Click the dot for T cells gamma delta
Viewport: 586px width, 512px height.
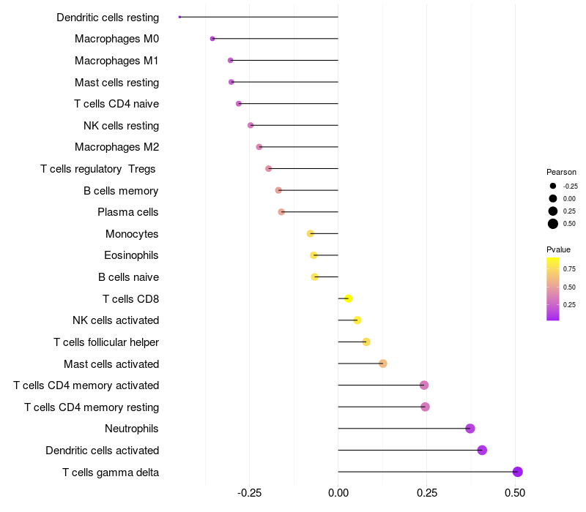[517, 472]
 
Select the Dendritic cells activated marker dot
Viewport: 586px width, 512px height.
[482, 450]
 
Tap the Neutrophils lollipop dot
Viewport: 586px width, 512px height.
[470, 429]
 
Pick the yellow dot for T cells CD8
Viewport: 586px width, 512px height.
[349, 298]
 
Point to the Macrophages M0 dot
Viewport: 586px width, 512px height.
[212, 39]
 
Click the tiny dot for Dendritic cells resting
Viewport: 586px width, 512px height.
[179, 17]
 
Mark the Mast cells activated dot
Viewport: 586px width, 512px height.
[382, 364]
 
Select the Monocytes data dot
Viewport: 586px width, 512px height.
[311, 233]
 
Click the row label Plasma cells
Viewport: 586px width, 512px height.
[127, 212]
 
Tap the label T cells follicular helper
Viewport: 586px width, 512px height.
[106, 342]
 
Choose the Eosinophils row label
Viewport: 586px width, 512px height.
[131, 255]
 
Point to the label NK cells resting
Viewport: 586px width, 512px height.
[121, 125]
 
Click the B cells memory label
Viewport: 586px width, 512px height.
[121, 191]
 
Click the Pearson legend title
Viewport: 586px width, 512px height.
[561, 172]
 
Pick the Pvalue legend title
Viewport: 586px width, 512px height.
[558, 249]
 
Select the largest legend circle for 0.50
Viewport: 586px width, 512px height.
[552, 224]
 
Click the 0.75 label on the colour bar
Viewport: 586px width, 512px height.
[569, 269]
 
